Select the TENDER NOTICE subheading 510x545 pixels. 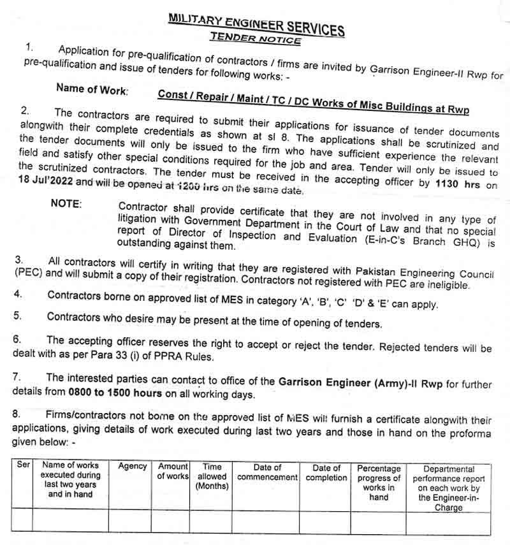tap(256, 38)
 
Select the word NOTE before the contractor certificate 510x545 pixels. tap(66, 204)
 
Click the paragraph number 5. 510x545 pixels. tap(18, 316)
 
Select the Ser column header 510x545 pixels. tap(24, 467)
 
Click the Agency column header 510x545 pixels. tap(133, 467)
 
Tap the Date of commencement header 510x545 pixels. tap(267, 472)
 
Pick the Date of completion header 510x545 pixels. tap(326, 472)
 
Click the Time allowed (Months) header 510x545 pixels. tap(212, 477)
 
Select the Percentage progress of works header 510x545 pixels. tap(379, 483)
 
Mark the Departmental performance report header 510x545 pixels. tap(449, 488)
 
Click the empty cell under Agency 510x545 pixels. tap(130, 520)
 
